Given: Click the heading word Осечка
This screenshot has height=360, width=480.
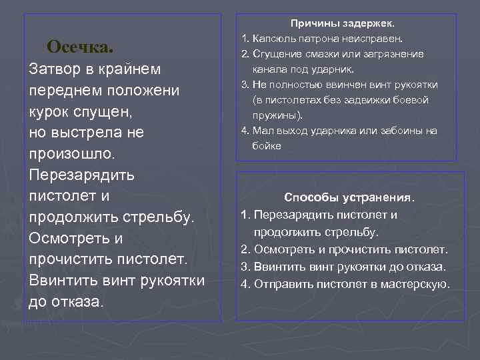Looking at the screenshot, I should (80, 47).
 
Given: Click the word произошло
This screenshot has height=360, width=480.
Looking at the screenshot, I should (72, 154).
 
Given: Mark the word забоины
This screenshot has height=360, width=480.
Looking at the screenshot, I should (393, 130).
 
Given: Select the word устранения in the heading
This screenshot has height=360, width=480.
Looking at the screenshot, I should (379, 198).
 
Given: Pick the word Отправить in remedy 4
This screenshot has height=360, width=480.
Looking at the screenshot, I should (282, 284).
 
